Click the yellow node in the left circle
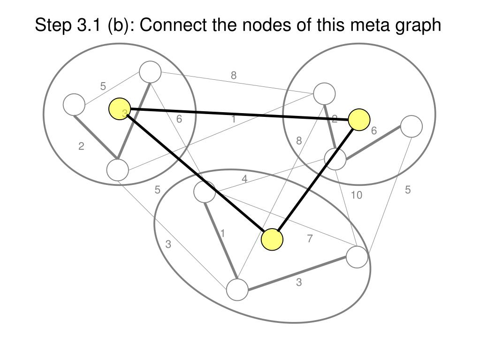120,109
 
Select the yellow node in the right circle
359,119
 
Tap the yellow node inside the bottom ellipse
272,239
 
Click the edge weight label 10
357,195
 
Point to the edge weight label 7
310,239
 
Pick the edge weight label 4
244,179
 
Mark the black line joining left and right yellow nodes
239,114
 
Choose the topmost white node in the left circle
151,72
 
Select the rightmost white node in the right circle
411,126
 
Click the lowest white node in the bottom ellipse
237,290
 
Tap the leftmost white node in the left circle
74,105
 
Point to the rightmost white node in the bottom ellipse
357,257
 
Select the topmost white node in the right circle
324,93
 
